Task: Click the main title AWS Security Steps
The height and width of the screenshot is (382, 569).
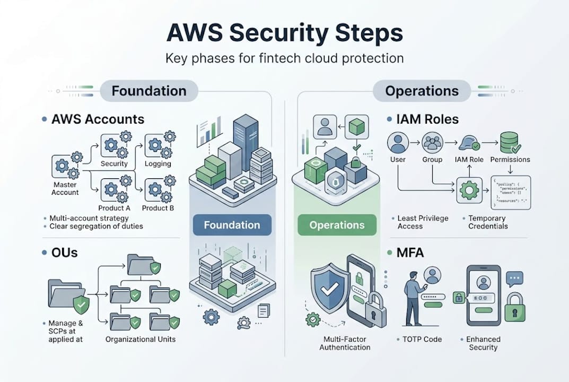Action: click(x=284, y=33)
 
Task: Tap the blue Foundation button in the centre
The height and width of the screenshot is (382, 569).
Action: click(x=232, y=225)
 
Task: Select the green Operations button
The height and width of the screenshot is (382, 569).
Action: click(x=337, y=225)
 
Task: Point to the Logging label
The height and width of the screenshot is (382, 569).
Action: click(x=157, y=163)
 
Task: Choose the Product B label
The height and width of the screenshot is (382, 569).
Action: click(x=158, y=208)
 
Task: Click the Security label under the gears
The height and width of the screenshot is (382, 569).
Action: click(x=114, y=163)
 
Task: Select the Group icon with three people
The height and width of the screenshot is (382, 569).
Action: click(x=433, y=142)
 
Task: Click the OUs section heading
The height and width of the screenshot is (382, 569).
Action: click(x=64, y=252)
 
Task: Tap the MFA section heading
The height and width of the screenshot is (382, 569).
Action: click(x=410, y=252)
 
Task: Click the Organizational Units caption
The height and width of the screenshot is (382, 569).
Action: click(x=141, y=339)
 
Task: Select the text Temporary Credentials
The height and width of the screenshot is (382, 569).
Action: click(x=487, y=222)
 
